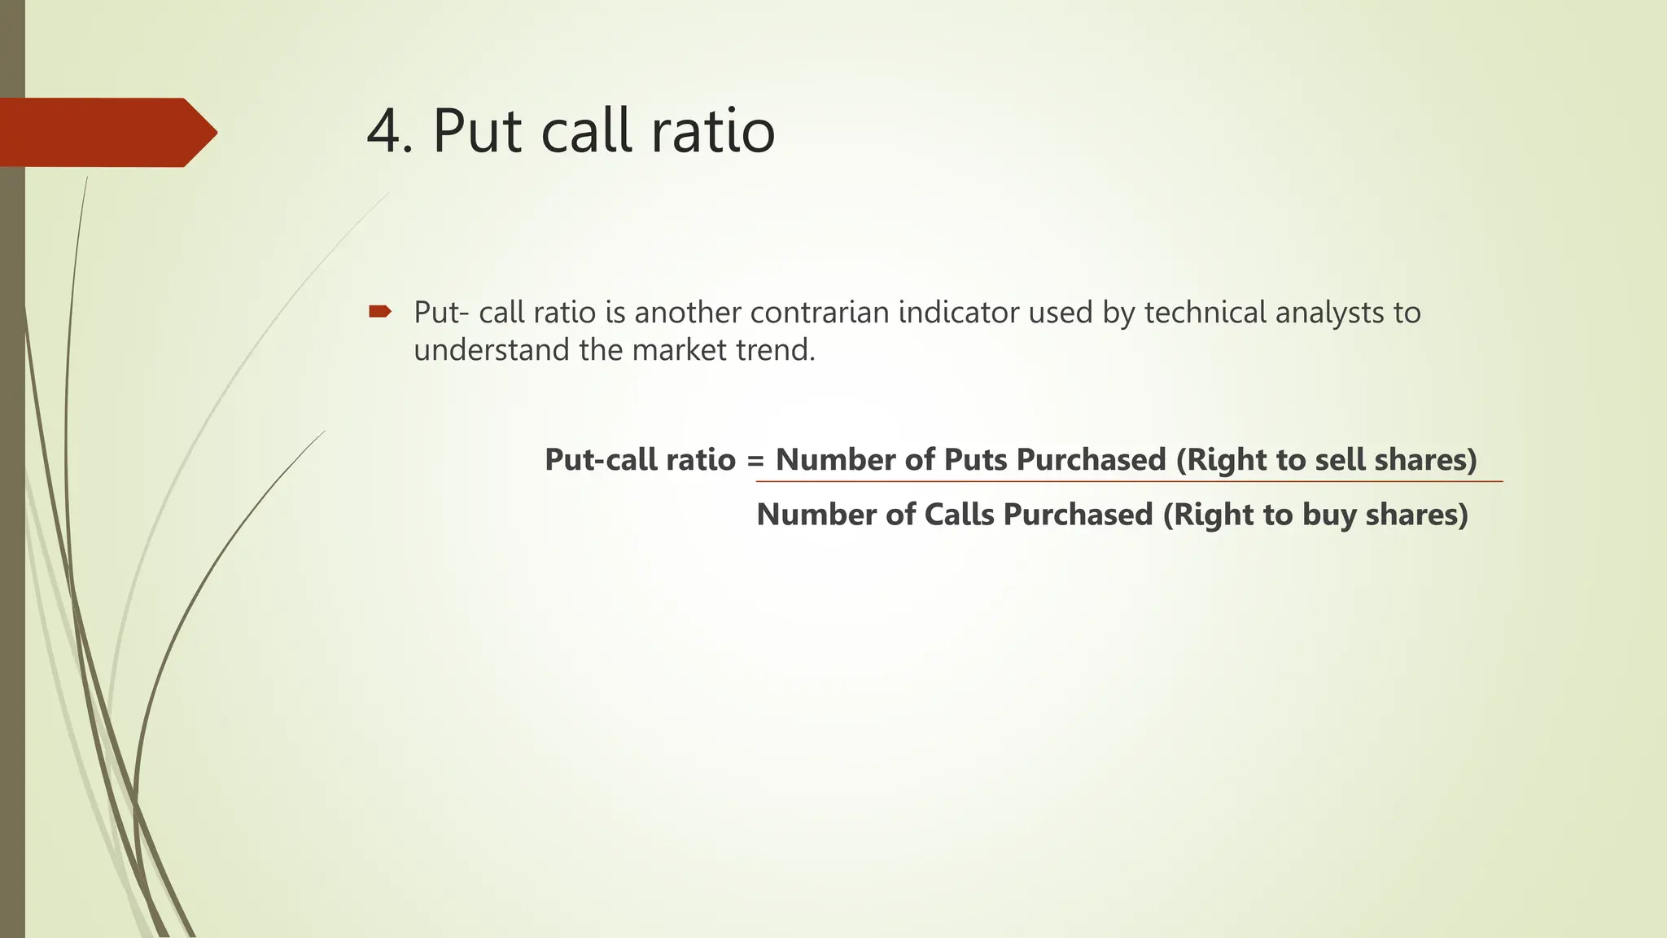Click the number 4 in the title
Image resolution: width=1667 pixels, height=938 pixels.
(383, 132)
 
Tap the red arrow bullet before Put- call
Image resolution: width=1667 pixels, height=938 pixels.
(379, 311)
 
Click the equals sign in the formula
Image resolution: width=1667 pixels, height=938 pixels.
(755, 461)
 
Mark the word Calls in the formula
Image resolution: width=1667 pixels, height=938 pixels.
(959, 515)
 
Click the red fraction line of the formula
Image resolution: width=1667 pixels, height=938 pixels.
(1128, 482)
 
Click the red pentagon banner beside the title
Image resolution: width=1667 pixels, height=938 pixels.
(106, 132)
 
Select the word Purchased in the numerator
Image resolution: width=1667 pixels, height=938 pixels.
(1092, 460)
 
